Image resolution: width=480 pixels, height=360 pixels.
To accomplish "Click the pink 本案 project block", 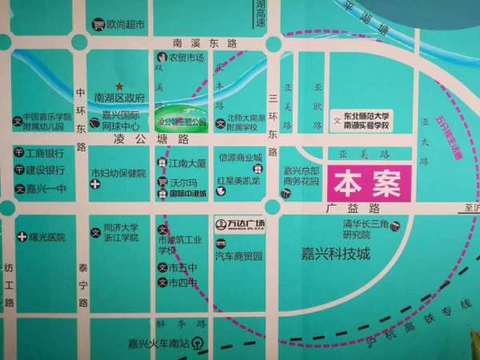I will [368, 182].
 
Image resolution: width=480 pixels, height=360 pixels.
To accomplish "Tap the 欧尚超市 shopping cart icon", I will [99, 25].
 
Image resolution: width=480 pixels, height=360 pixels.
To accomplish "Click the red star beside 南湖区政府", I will [120, 86].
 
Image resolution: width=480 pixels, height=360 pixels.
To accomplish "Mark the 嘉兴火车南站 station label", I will [159, 344].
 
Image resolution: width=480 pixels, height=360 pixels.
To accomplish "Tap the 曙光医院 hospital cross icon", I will [22, 237].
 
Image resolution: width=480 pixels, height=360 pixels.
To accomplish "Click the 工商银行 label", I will [45, 153].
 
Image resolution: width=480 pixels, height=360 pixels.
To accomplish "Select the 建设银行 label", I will [45, 170].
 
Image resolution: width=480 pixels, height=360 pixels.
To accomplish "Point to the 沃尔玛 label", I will [183, 182].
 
